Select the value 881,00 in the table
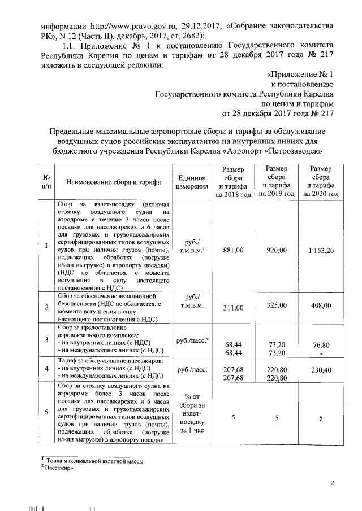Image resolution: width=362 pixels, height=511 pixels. coord(233,250)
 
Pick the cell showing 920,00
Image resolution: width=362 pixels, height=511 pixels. coord(277,250)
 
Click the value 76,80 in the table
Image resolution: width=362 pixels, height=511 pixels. coord(321,344)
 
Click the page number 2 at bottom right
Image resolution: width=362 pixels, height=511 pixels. coord(333,482)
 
